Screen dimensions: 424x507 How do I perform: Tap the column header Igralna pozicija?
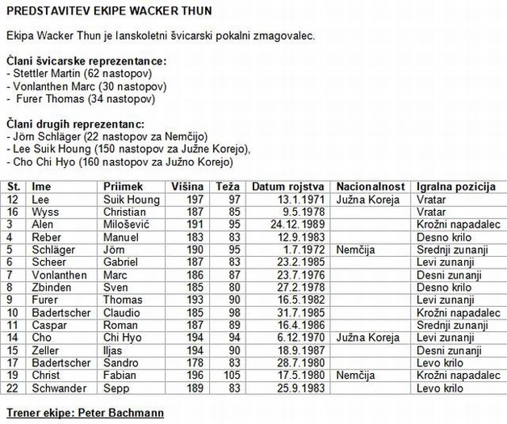point(455,187)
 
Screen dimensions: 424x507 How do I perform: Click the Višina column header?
point(187,187)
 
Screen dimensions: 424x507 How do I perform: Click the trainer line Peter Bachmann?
point(85,414)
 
